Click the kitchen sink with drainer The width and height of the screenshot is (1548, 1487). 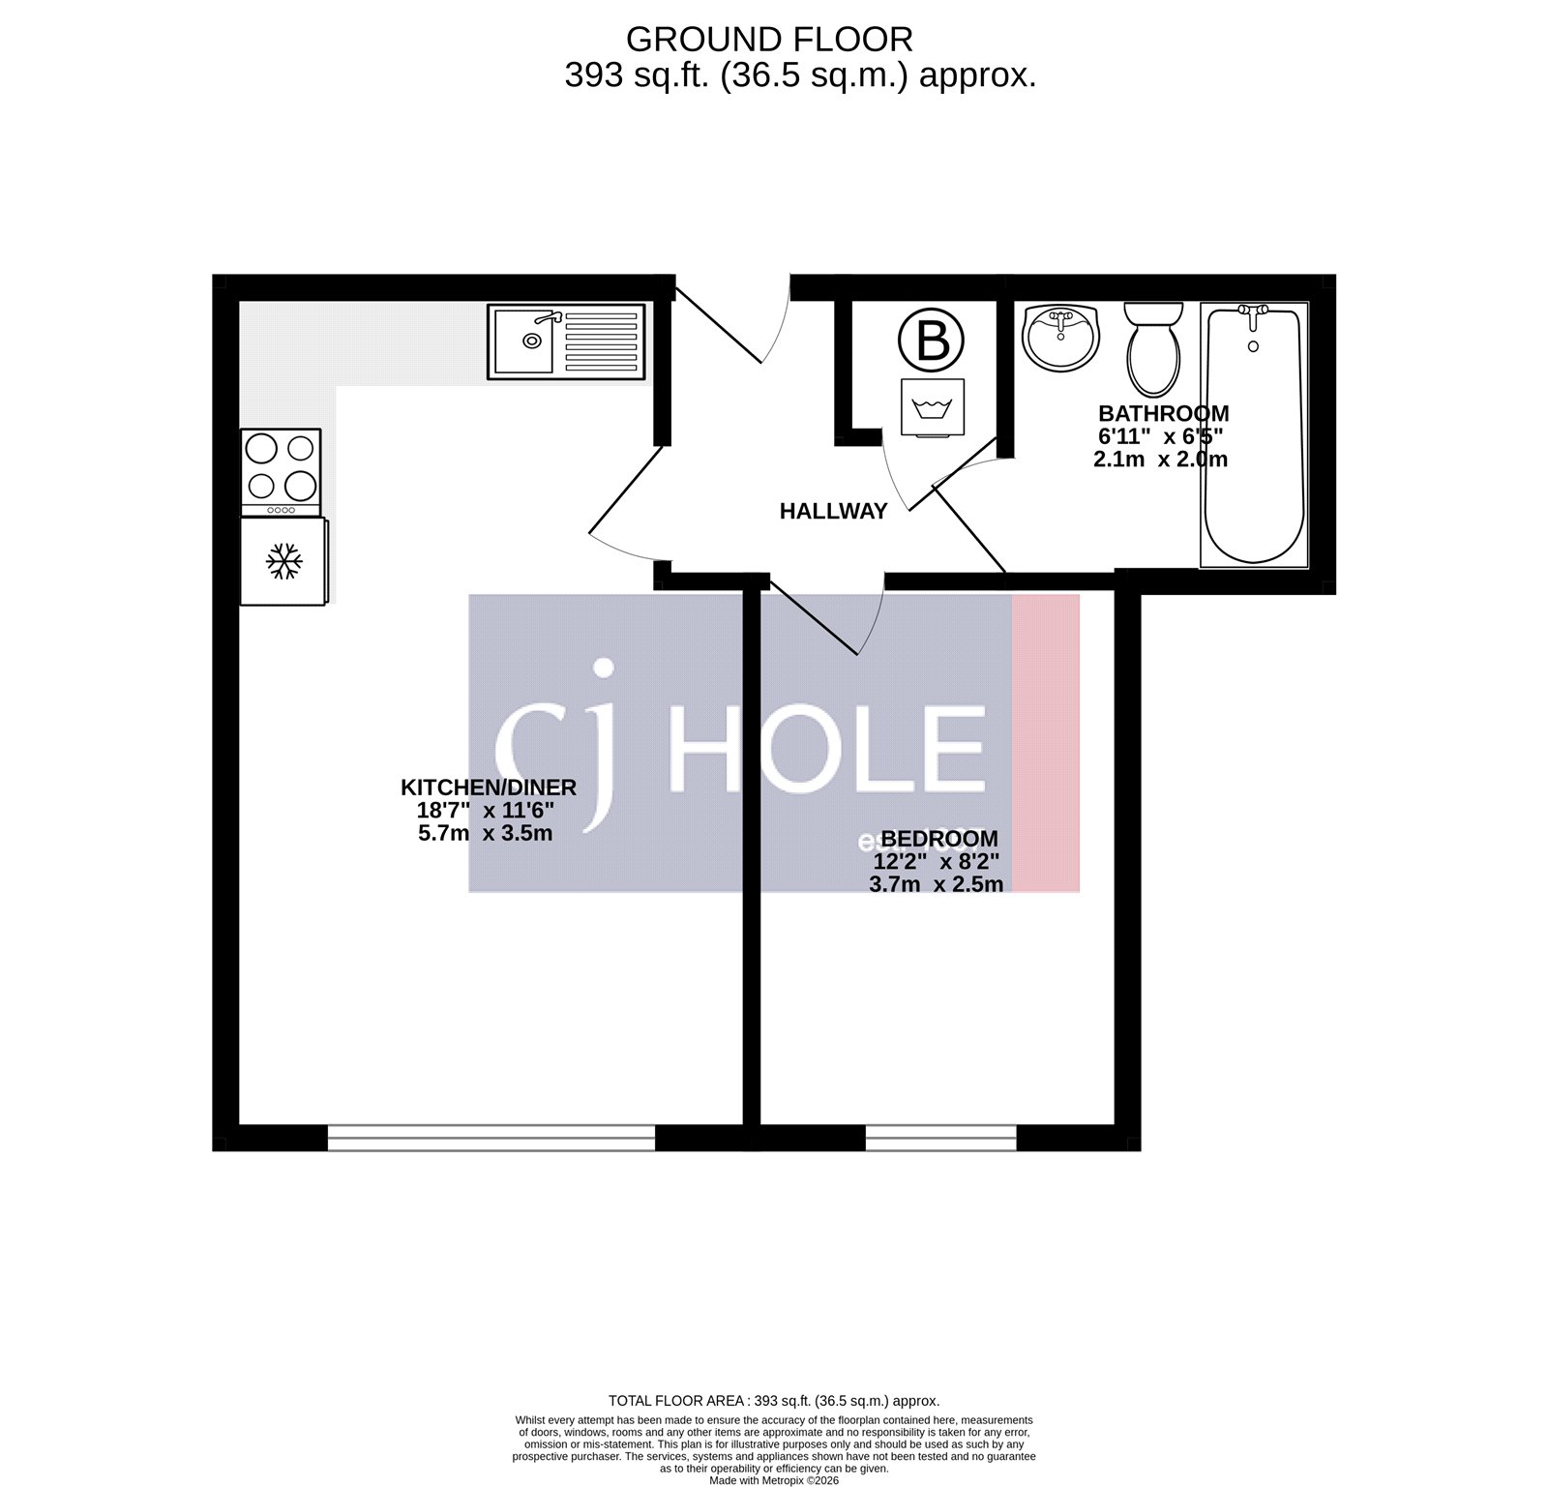pyautogui.click(x=566, y=341)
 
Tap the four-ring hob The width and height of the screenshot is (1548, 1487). pyautogui.click(x=281, y=471)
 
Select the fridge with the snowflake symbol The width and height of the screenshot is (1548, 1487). pyautogui.click(x=283, y=561)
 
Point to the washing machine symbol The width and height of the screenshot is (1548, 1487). pyautogui.click(x=932, y=407)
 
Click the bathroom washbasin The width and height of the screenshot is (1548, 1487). pyautogui.click(x=1060, y=337)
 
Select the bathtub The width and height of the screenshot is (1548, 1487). pyautogui.click(x=1254, y=434)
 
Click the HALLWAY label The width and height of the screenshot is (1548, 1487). pyautogui.click(x=833, y=511)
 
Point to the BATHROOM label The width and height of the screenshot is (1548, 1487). pyautogui.click(x=1163, y=414)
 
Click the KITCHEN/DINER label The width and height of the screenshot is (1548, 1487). pyautogui.click(x=489, y=788)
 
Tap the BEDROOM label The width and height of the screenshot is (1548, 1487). pyautogui.click(x=938, y=839)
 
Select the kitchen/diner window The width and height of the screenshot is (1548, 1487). pyautogui.click(x=491, y=1137)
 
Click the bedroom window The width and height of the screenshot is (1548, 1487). pyautogui.click(x=940, y=1137)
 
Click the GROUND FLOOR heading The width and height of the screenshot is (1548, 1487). pyautogui.click(x=769, y=40)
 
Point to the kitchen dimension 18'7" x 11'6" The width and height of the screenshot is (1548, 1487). pyautogui.click(x=486, y=811)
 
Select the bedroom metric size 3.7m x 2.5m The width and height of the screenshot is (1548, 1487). pyautogui.click(x=936, y=884)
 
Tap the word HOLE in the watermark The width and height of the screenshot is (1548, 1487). pyautogui.click(x=827, y=751)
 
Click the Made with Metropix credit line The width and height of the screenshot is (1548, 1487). pyautogui.click(x=774, y=1480)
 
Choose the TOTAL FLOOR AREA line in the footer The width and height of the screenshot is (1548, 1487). pyautogui.click(x=774, y=1401)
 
